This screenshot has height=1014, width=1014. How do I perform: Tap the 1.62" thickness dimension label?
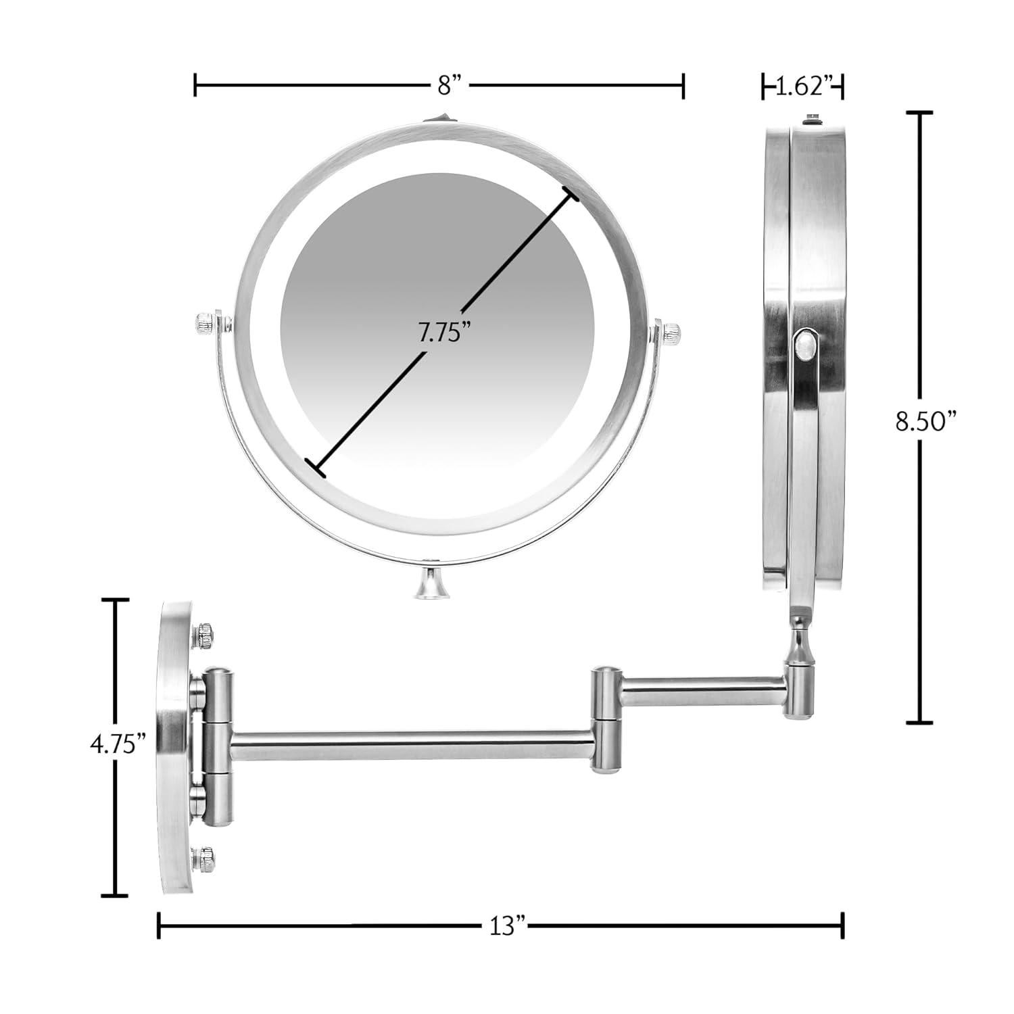tap(802, 87)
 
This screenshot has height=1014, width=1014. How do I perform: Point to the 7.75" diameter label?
tap(443, 333)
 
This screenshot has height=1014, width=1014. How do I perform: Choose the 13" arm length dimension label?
tap(508, 925)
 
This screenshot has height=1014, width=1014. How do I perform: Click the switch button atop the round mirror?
tap(440, 119)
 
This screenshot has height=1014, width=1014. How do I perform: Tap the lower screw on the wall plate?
tap(205, 858)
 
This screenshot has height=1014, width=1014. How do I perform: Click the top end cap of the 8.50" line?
tap(919, 114)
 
